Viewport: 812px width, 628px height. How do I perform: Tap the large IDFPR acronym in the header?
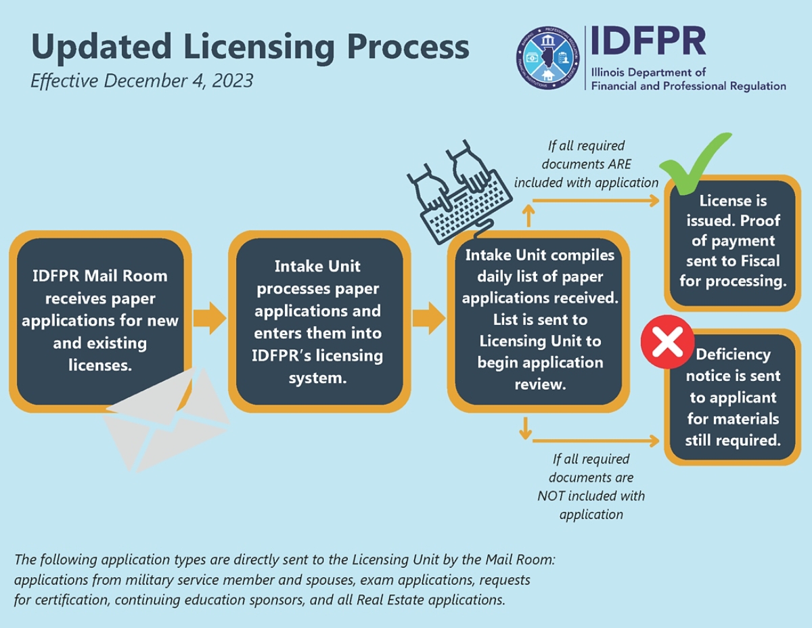tap(648, 41)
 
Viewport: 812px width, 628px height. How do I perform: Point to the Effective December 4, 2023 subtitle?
tap(141, 81)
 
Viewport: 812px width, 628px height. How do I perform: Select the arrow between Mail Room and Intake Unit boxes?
tap(209, 318)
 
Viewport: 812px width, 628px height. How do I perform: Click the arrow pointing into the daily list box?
tap(428, 318)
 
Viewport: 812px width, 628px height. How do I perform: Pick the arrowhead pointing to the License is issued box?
tap(654, 200)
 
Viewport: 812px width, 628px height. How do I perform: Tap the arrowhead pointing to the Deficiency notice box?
tap(654, 441)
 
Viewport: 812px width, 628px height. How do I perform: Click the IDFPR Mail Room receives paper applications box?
tap(100, 320)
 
